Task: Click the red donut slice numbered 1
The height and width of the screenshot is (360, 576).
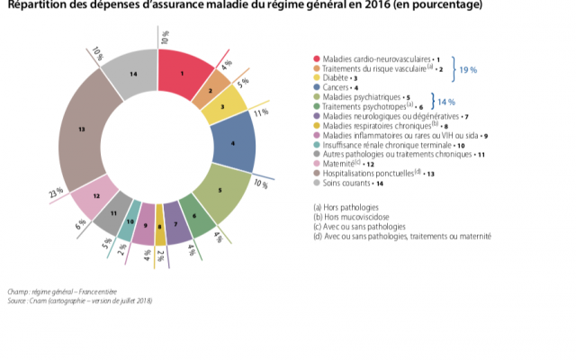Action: click(x=184, y=72)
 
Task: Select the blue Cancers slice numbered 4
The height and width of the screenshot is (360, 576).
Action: click(x=233, y=141)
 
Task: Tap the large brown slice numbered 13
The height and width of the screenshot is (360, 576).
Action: click(x=84, y=131)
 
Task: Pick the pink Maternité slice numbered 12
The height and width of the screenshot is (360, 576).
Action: click(x=95, y=193)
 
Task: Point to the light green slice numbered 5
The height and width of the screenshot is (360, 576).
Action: click(x=220, y=191)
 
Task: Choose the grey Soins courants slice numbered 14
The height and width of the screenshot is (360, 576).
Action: click(x=131, y=73)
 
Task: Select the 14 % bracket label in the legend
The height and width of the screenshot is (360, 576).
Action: click(x=446, y=101)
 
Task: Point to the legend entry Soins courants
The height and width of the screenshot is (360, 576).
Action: click(x=346, y=183)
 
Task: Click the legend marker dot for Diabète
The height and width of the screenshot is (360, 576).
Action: click(x=316, y=77)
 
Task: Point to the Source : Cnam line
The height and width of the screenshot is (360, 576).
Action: click(x=81, y=301)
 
